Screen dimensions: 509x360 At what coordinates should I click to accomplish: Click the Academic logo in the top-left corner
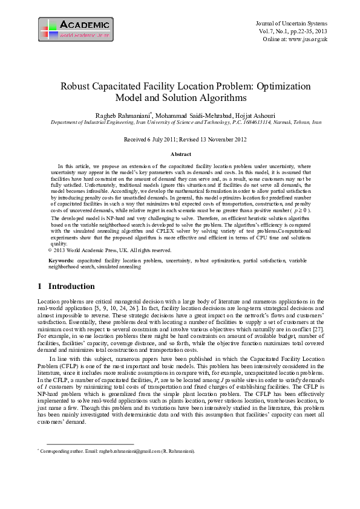[x=76, y=29]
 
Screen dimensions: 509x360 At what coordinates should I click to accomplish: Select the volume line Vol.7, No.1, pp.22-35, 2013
[x=293, y=31]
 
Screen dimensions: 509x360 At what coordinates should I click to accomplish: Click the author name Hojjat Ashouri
[x=250, y=115]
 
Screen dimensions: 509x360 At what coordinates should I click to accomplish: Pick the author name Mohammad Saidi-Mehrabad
[x=194, y=115]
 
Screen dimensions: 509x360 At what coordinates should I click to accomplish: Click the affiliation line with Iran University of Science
[x=186, y=122]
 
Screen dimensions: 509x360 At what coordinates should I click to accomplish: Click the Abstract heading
[x=181, y=155]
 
